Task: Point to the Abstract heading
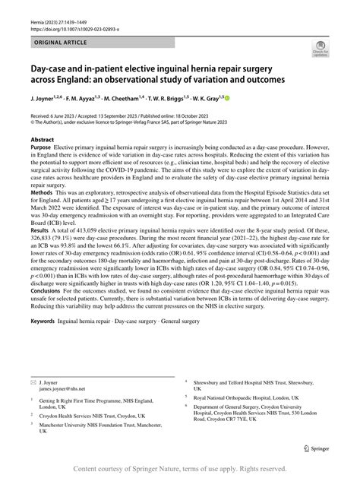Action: (42, 141)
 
